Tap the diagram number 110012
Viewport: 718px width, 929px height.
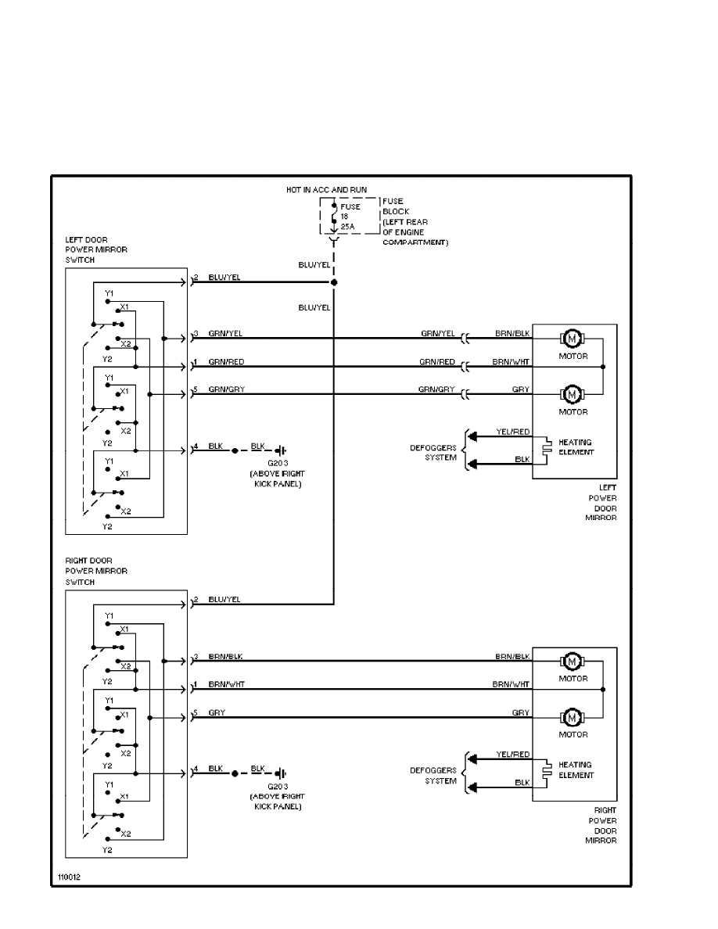pos(68,878)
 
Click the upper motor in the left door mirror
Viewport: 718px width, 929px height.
pos(572,339)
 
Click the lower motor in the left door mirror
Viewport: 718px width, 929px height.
pos(572,393)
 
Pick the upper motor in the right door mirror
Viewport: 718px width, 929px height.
pos(572,662)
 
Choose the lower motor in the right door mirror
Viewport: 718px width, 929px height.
pos(572,716)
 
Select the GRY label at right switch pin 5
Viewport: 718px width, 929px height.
pos(216,712)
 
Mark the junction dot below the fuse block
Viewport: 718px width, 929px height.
pos(334,282)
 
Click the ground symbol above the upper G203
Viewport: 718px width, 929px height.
pos(281,450)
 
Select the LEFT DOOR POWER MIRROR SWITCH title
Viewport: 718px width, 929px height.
pos(96,249)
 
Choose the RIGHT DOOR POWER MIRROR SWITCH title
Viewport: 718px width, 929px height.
pos(96,571)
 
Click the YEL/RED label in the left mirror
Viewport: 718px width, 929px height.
pos(512,432)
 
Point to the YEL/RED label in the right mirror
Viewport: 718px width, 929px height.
pos(512,755)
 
